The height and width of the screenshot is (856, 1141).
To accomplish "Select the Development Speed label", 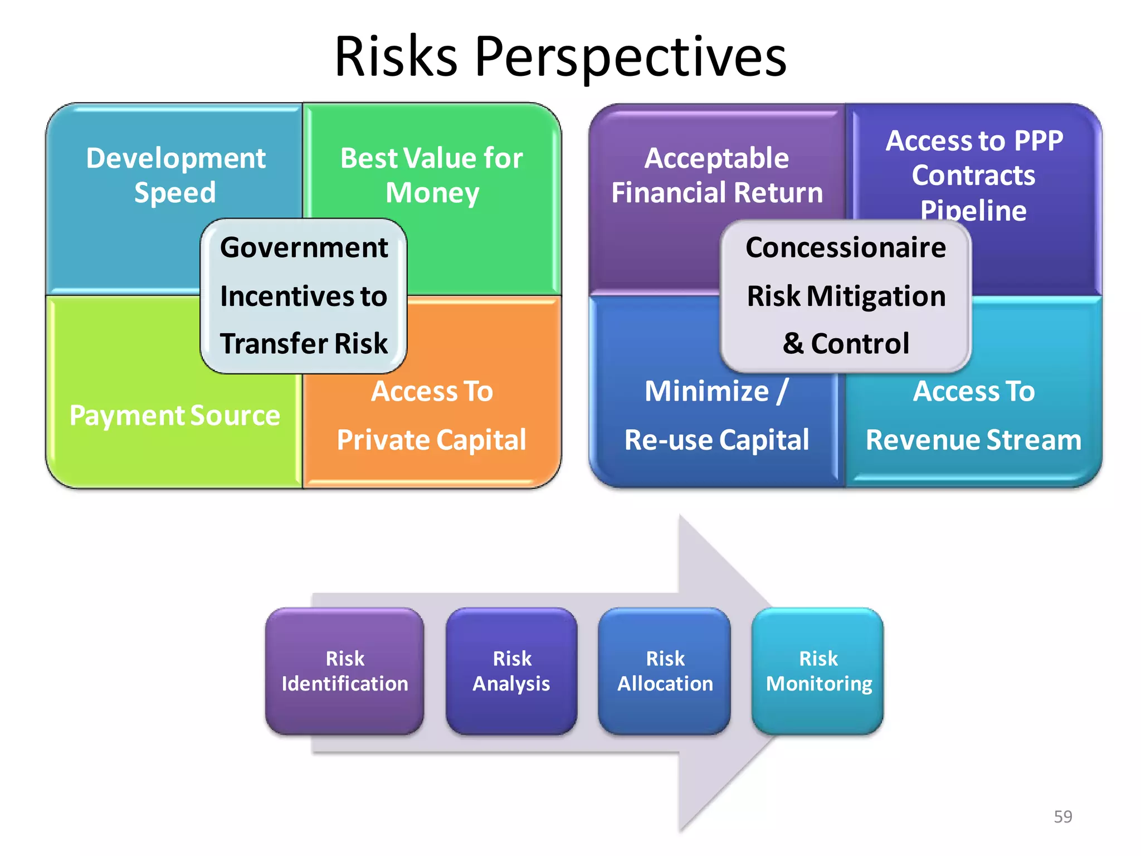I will [x=175, y=175].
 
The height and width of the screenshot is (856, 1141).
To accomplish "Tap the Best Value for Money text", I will [x=432, y=175].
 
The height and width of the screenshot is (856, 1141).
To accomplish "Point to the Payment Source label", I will [x=174, y=416].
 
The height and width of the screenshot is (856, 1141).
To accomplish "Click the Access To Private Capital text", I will [x=432, y=415].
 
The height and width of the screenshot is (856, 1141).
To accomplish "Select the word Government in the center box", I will [x=304, y=248].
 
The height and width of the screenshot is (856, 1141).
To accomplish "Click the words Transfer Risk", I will [x=304, y=343].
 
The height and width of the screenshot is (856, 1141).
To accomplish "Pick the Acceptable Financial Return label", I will [x=717, y=175].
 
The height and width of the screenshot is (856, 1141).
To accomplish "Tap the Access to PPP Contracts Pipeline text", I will [x=974, y=175].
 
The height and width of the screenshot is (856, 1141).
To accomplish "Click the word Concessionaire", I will [x=846, y=248].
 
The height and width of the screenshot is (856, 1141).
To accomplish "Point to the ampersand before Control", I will [x=793, y=344].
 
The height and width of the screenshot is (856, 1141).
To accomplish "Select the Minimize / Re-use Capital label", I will [x=717, y=415].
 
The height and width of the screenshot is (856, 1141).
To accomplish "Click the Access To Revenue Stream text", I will [x=974, y=415].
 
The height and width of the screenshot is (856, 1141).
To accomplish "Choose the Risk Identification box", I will [x=345, y=671].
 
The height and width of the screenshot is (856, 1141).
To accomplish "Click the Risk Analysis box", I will [x=511, y=671].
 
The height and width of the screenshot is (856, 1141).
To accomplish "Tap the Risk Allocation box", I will [x=665, y=671].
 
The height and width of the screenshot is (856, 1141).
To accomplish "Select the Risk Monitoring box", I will [x=818, y=671].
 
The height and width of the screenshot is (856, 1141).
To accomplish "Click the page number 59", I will [x=1063, y=816].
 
